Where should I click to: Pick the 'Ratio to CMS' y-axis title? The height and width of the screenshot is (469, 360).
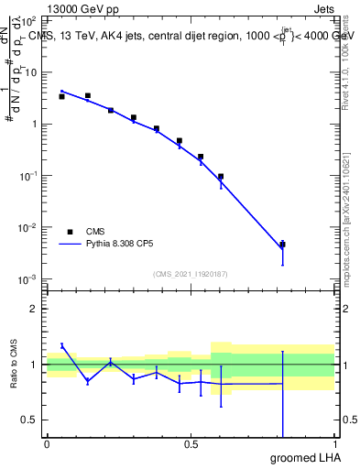point(14,364)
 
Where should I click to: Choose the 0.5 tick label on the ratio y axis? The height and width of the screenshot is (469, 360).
point(29,420)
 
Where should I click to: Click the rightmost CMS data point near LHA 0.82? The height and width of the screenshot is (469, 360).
point(282,245)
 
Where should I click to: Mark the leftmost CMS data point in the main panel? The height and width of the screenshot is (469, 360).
point(61,95)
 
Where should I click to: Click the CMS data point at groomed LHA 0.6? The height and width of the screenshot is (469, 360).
point(221,176)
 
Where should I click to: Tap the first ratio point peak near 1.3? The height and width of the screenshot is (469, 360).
point(61,345)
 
